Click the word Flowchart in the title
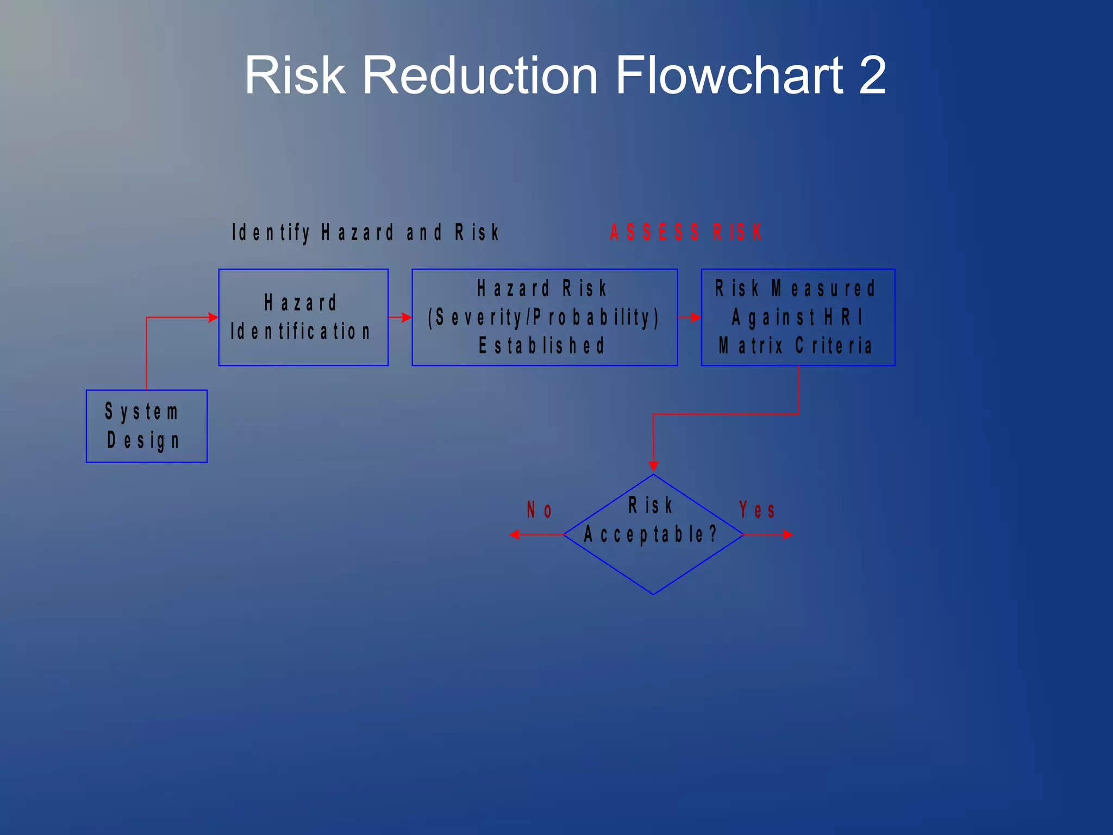(729, 75)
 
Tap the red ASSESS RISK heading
(686, 233)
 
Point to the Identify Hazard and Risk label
(365, 233)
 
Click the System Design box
(147, 426)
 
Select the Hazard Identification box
(303, 317)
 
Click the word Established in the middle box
(542, 346)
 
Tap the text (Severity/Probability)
(544, 317)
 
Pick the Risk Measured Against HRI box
(798, 317)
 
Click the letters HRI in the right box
(843, 317)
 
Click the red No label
(539, 510)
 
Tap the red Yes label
(756, 510)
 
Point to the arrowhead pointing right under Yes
(787, 535)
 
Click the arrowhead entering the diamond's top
(653, 466)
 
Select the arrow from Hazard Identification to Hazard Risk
(400, 317)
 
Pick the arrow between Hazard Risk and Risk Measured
(690, 317)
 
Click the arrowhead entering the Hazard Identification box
(213, 317)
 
